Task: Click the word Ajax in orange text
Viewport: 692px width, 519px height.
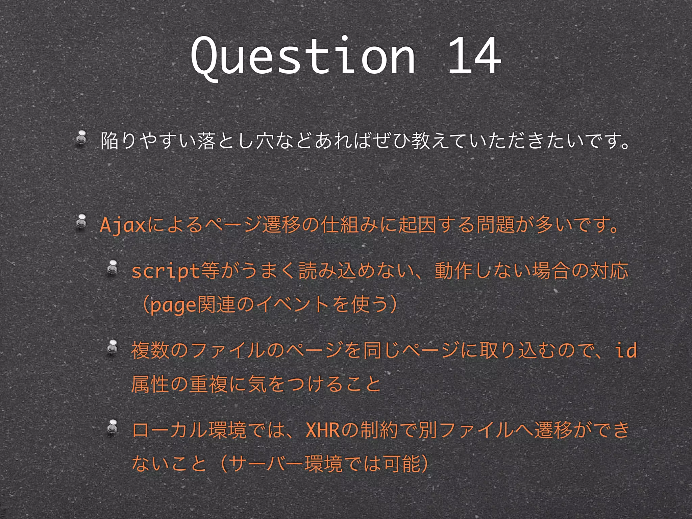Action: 123,225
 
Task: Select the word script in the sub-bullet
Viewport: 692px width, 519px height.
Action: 165,271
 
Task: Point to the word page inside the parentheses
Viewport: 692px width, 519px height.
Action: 173,305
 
